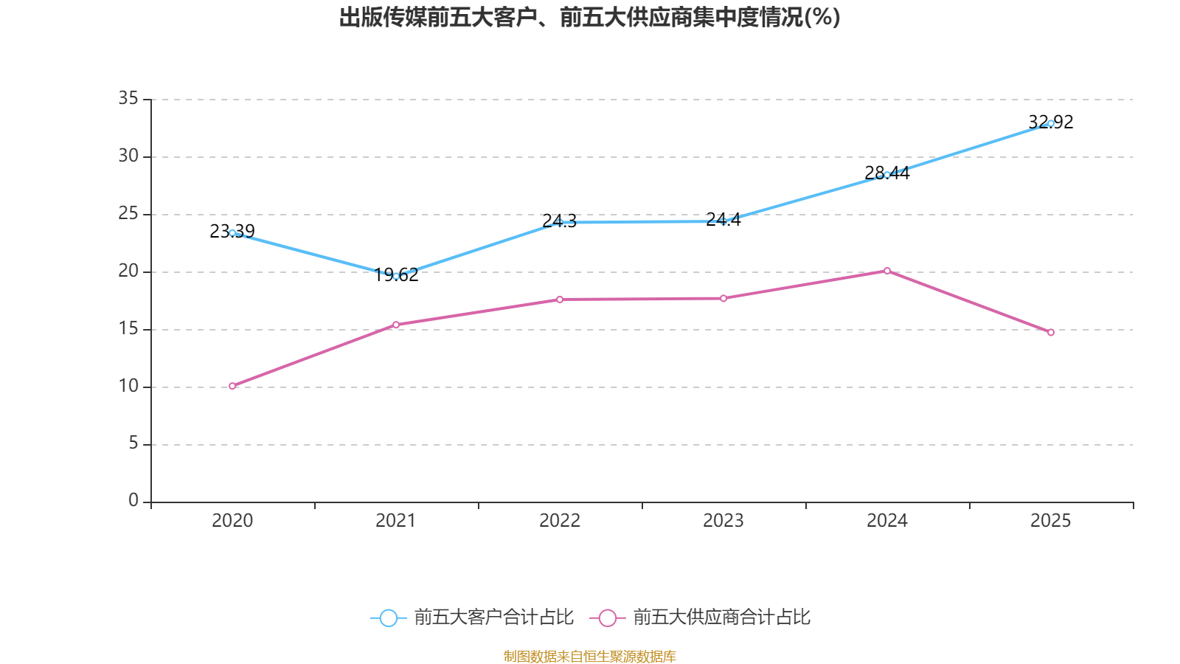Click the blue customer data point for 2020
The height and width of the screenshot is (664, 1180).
pos(232,233)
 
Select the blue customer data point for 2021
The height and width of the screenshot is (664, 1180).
pos(396,276)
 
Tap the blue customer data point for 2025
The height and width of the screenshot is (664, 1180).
pos(1051,123)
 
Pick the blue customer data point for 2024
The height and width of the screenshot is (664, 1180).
pos(887,175)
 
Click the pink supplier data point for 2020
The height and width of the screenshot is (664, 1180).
pos(232,386)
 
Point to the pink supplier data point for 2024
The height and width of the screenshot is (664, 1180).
pos(887,271)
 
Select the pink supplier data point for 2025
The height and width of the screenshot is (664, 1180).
pos(1051,333)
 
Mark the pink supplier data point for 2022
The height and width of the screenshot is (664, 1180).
pos(560,300)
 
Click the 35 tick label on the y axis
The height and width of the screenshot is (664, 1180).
pos(128,98)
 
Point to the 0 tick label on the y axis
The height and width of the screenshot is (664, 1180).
pos(133,501)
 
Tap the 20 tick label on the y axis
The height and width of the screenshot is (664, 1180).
pos(128,271)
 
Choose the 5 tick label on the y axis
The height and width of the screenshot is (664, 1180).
pos(133,443)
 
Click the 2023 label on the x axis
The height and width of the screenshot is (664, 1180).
pos(723,521)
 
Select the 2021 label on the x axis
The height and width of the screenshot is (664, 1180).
pos(396,521)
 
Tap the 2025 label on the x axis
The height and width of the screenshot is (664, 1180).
pos(1051,521)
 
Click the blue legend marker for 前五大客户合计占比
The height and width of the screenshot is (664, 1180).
pos(388,618)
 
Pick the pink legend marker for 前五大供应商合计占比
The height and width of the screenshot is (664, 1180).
pos(607,618)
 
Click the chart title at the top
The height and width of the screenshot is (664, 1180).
pos(590,18)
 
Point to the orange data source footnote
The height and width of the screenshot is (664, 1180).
pos(590,656)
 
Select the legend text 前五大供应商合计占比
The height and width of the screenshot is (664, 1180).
pos(721,618)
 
